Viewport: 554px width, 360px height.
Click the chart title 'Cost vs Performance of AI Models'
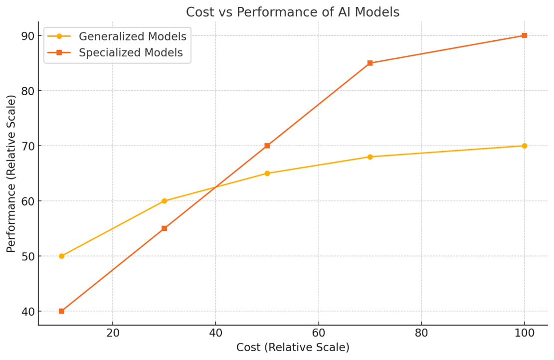click(293, 12)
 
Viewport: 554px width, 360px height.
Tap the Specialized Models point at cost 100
click(524, 35)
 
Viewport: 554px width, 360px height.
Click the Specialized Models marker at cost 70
click(370, 63)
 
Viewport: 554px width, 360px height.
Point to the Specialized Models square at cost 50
click(267, 146)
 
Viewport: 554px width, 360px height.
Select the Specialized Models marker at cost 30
click(164, 228)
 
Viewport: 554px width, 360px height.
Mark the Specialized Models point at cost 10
click(61, 311)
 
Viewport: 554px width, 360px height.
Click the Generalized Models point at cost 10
click(61, 256)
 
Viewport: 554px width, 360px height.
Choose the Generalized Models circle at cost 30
click(164, 201)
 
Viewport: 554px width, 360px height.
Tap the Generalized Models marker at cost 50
click(267, 174)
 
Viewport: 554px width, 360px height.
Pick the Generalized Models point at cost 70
click(370, 157)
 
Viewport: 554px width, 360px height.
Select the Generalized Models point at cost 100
click(524, 146)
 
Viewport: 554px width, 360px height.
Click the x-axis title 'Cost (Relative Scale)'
click(293, 348)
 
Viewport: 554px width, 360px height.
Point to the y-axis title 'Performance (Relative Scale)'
click(11, 173)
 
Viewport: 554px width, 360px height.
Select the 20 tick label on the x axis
click(113, 333)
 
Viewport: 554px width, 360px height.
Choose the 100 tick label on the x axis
click(524, 333)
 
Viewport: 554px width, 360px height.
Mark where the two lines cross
click(215, 187)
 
